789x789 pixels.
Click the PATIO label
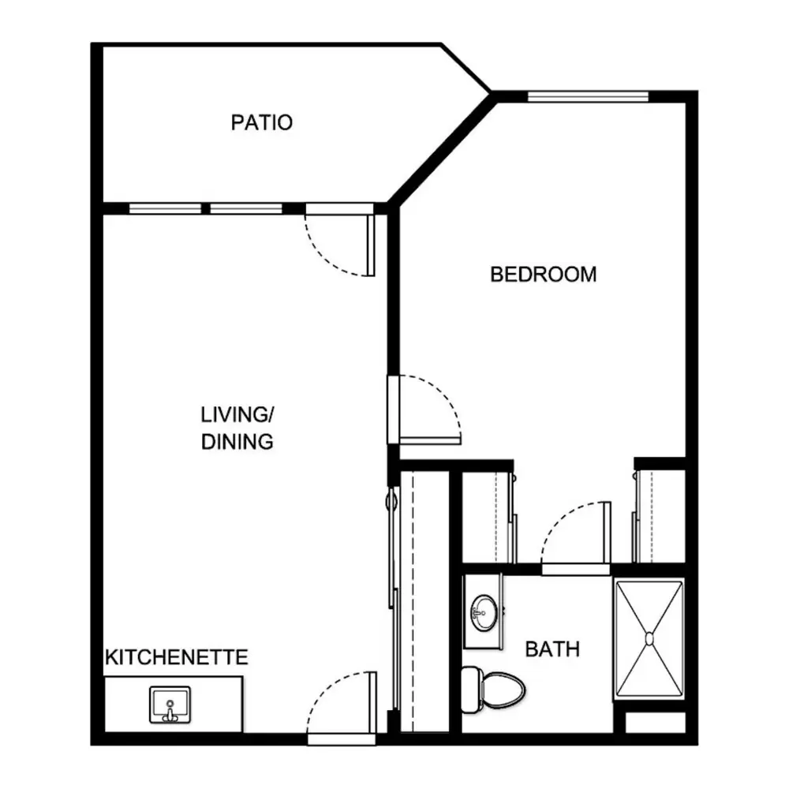click(262, 123)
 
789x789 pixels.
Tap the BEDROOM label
click(544, 275)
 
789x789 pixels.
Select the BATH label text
click(552, 649)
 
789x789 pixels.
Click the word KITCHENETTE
click(177, 658)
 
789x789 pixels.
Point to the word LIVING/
click(237, 415)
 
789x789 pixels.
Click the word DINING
click(237, 442)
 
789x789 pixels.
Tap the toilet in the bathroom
click(493, 690)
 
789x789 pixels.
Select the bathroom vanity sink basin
click(484, 612)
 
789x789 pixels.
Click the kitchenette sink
click(170, 705)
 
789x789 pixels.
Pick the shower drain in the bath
click(649, 638)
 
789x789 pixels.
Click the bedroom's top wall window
click(589, 97)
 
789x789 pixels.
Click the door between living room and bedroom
click(424, 409)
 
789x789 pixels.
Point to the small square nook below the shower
click(656, 723)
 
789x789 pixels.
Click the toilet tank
click(471, 690)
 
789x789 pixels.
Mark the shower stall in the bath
click(649, 639)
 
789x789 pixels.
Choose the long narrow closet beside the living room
click(424, 602)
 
